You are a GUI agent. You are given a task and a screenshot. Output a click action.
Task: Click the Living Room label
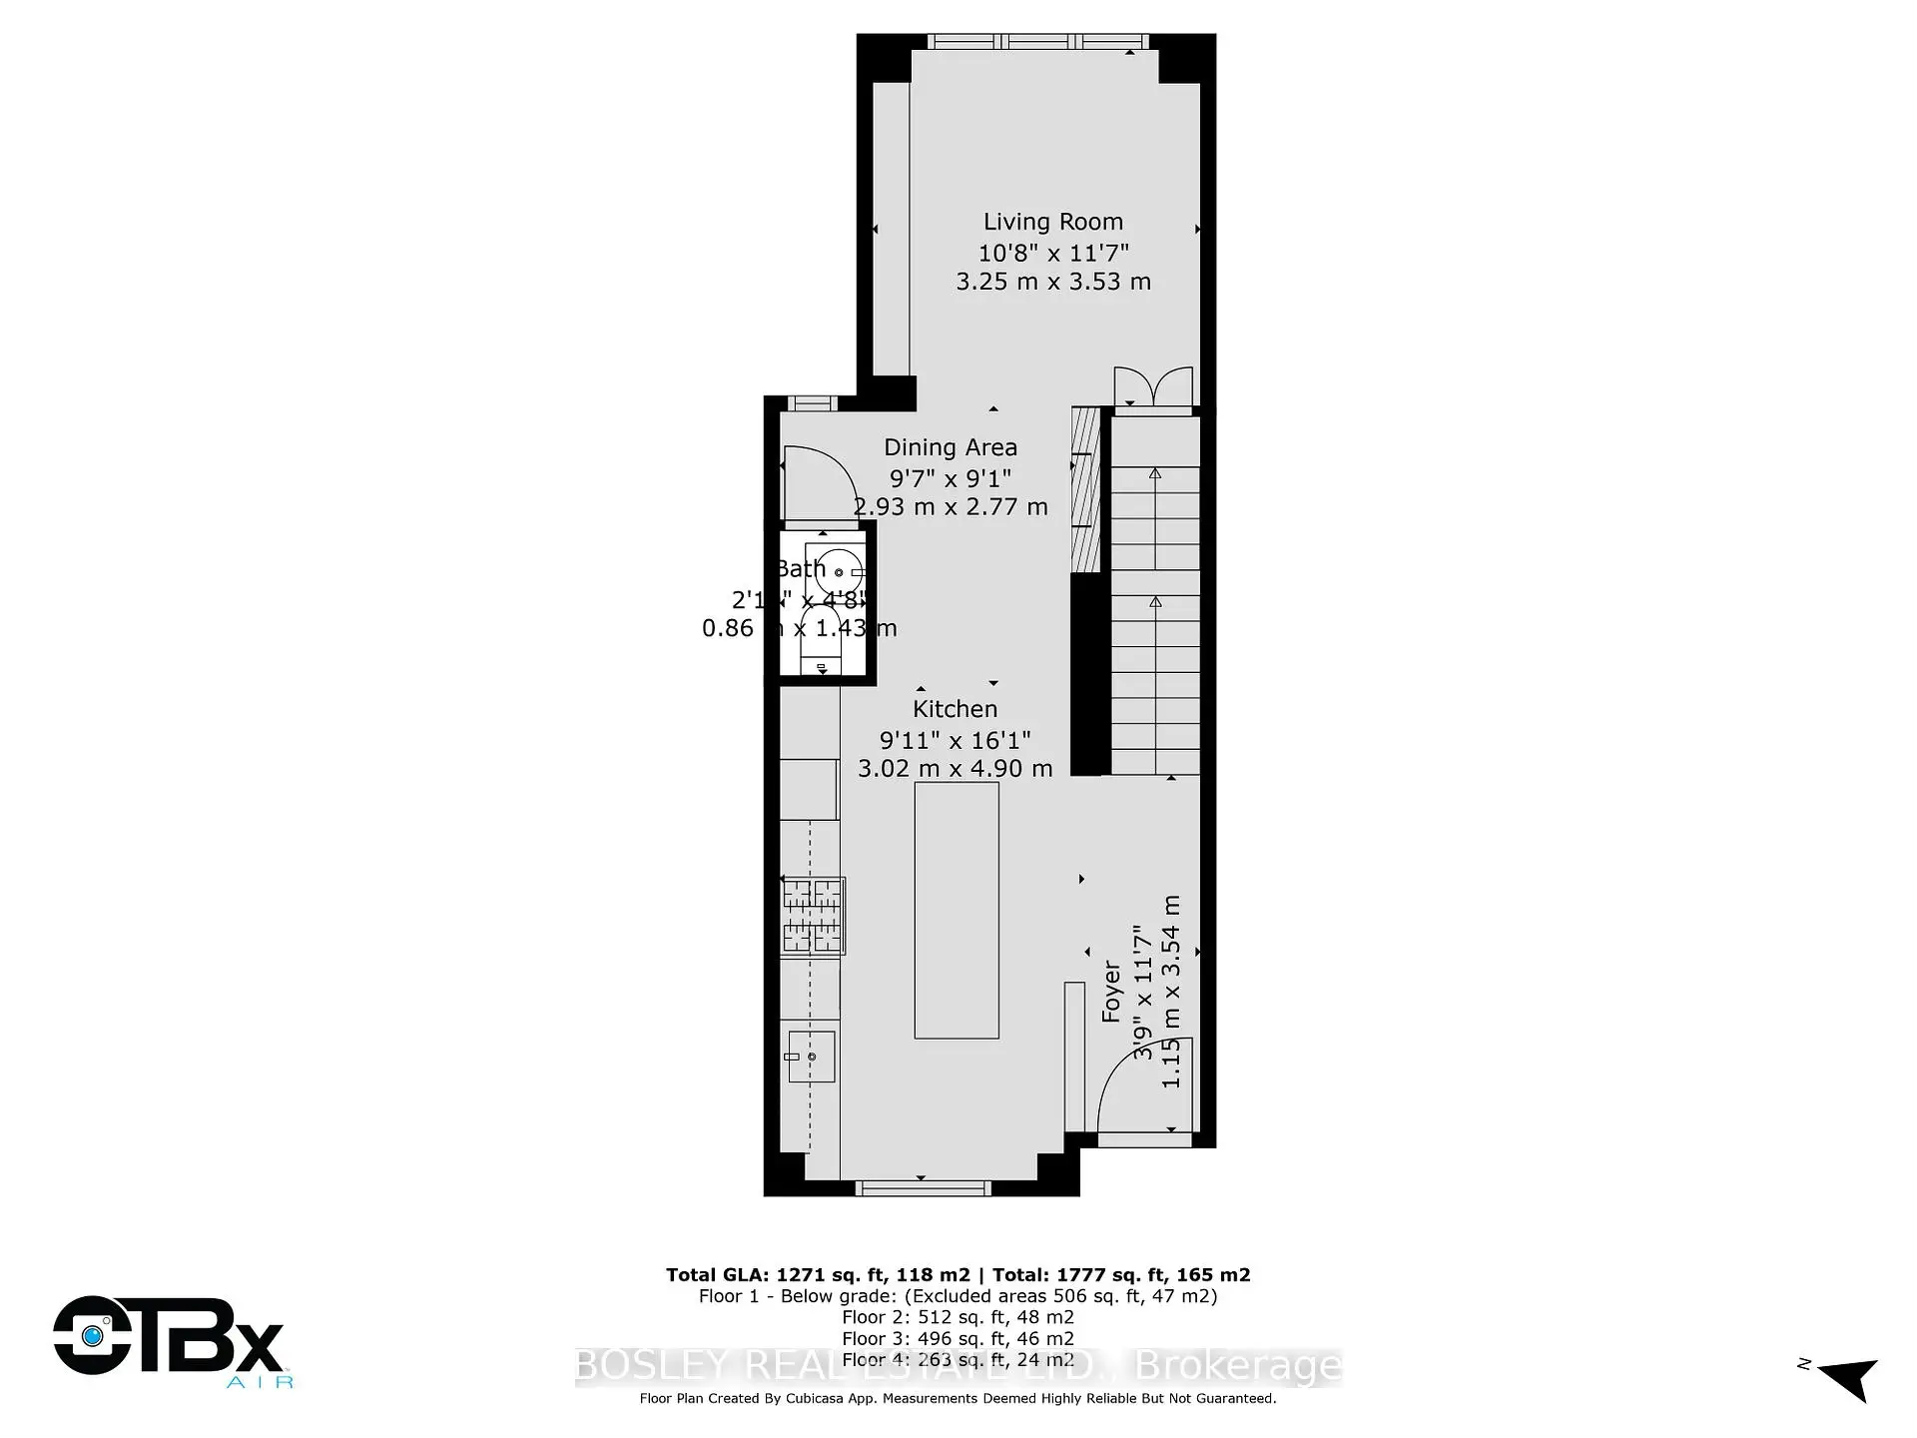pyautogui.click(x=1052, y=222)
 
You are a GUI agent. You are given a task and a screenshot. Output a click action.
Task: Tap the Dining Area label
pyautogui.click(x=950, y=447)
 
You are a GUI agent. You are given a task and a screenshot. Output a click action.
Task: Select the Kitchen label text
pyautogui.click(x=955, y=709)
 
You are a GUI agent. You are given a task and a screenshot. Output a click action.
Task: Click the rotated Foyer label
pyautogui.click(x=1111, y=993)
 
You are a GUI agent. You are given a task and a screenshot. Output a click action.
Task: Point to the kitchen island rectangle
pyautogui.click(x=956, y=910)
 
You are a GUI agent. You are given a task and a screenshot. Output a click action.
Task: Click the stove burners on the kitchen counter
pyautogui.click(x=813, y=915)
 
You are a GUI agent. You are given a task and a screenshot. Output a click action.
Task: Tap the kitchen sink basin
pyautogui.click(x=811, y=1057)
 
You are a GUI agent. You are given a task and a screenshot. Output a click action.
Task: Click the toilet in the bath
pyautogui.click(x=821, y=639)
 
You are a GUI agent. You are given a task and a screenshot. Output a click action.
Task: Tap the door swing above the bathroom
pyautogui.click(x=814, y=484)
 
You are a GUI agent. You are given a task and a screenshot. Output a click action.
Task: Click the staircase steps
pyautogui.click(x=1155, y=599)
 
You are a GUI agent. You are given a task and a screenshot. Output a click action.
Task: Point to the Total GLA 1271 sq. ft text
pyautogui.click(x=818, y=1274)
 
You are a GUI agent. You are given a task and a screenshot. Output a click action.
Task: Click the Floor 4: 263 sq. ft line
pyautogui.click(x=958, y=1359)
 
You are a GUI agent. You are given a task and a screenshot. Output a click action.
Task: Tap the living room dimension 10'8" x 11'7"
pyautogui.click(x=1052, y=253)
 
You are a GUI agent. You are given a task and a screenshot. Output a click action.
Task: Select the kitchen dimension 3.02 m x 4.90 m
pyautogui.click(x=955, y=768)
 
